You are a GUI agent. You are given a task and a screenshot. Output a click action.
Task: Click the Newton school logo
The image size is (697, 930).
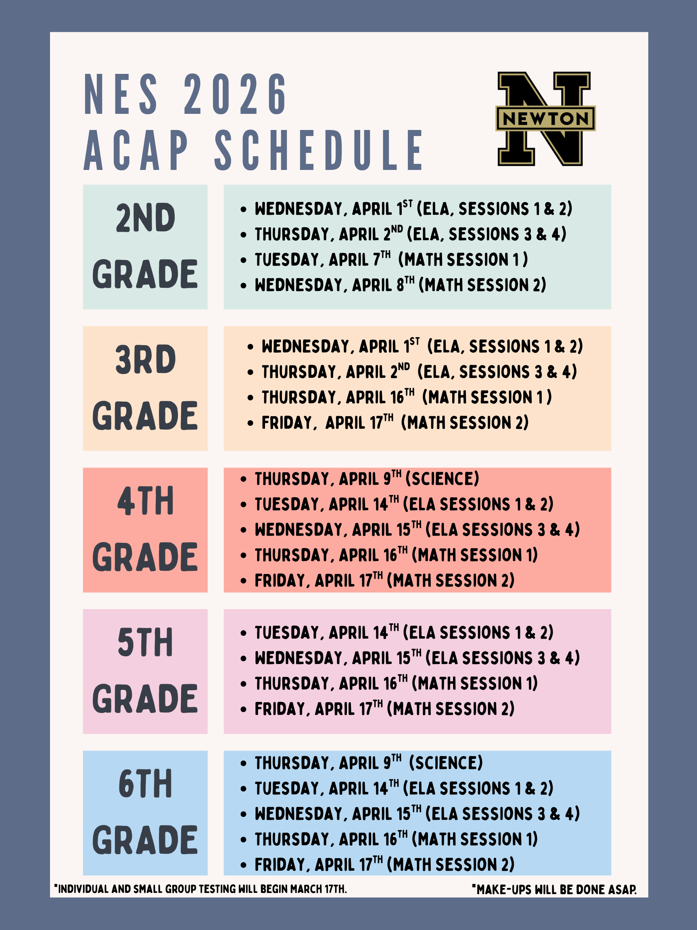click(x=545, y=119)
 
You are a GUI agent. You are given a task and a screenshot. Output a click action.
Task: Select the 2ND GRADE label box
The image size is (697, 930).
click(x=145, y=247)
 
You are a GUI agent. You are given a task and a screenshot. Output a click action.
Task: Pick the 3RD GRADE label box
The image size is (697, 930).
click(x=145, y=388)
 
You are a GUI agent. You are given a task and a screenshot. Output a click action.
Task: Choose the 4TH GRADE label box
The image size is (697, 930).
click(x=145, y=530)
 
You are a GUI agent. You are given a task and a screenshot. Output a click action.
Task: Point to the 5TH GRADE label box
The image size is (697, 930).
click(x=145, y=671)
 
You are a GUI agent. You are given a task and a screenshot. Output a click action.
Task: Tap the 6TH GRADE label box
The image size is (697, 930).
click(x=145, y=813)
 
